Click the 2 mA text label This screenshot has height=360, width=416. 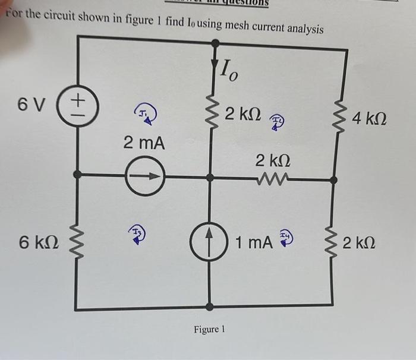144,143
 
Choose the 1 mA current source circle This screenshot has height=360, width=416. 209,242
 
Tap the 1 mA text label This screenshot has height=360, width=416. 254,242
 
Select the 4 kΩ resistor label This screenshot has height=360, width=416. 371,119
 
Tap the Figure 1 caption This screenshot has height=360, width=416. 209,329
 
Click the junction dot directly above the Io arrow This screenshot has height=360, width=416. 215,43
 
